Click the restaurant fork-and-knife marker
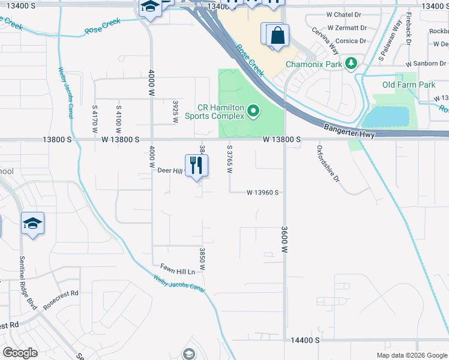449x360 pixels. [196, 165]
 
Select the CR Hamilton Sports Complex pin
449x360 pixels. [253, 110]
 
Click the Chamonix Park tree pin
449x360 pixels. [352, 63]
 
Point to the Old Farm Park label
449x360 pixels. [409, 85]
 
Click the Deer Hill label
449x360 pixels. [169, 171]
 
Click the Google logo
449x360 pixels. [20, 353]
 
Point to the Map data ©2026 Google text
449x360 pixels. [412, 355]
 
